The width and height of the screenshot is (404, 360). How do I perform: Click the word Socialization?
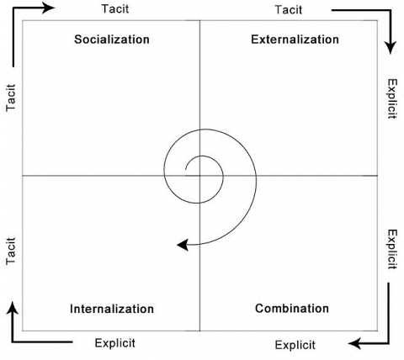click(112, 40)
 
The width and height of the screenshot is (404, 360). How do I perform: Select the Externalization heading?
click(295, 40)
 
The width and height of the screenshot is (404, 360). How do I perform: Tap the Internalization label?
click(112, 309)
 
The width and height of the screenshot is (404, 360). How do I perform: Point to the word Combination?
click(292, 309)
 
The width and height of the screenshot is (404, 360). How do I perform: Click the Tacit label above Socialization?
click(115, 8)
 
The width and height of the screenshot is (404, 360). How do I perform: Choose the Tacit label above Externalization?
click(289, 10)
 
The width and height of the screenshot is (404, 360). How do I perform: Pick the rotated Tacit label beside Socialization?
click(11, 98)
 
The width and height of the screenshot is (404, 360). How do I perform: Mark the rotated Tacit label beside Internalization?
click(11, 251)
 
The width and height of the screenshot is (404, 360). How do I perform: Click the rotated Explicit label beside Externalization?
click(392, 98)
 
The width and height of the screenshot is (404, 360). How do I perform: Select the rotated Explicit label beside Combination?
click(392, 250)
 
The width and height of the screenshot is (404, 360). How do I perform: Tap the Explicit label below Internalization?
click(115, 343)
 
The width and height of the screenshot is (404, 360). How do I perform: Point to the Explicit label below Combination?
click(295, 345)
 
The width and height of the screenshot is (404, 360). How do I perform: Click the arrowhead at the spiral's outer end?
click(183, 245)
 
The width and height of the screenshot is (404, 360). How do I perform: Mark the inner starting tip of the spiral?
click(185, 170)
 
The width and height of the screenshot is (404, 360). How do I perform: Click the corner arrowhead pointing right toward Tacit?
click(48, 8)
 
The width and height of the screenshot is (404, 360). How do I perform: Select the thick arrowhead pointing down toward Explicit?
click(391, 48)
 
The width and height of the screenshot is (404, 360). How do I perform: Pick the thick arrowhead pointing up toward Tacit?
click(13, 308)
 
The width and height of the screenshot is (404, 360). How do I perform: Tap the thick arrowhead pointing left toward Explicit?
click(354, 343)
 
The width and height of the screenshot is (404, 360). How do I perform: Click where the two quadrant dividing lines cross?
click(199, 176)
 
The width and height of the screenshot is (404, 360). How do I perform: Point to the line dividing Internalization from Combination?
click(199, 253)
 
